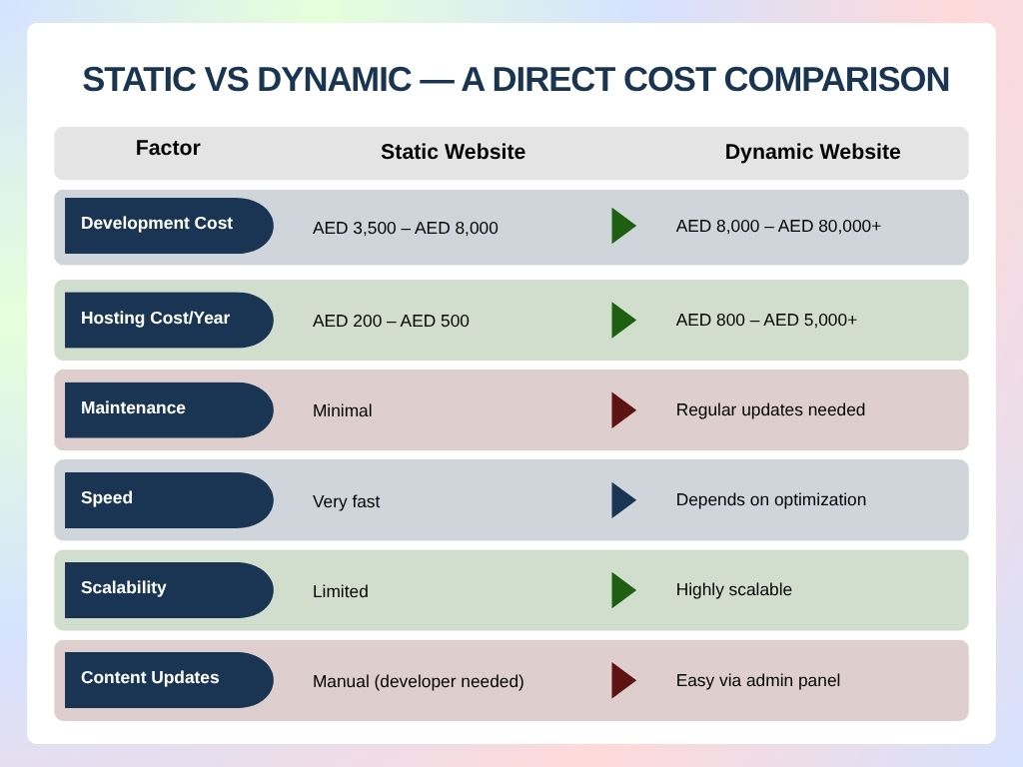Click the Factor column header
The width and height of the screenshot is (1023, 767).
click(x=168, y=148)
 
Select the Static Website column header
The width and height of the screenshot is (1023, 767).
click(x=453, y=152)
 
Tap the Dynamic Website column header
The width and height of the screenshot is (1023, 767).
click(x=812, y=152)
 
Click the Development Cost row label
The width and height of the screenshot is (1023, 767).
click(x=157, y=224)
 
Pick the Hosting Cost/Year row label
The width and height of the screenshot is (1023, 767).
click(x=155, y=319)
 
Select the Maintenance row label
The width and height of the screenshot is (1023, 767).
click(x=133, y=408)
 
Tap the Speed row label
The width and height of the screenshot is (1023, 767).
click(x=107, y=498)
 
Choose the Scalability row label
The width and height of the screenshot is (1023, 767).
click(x=124, y=588)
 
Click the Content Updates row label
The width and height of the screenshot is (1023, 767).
click(x=150, y=678)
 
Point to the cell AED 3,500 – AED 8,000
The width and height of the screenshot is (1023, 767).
click(x=405, y=229)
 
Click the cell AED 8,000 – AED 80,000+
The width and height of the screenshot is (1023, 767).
click(x=778, y=227)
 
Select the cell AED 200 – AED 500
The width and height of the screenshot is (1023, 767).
click(x=391, y=322)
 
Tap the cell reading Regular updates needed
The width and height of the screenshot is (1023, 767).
click(x=770, y=410)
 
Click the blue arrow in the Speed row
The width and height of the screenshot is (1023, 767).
click(x=622, y=500)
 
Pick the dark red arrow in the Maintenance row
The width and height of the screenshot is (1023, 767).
click(x=622, y=410)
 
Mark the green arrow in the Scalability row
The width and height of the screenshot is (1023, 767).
click(x=622, y=590)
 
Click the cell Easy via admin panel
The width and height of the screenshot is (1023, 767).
click(x=757, y=681)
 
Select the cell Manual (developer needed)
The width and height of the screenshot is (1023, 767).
click(x=418, y=682)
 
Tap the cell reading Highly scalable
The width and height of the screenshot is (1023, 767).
click(x=733, y=590)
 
